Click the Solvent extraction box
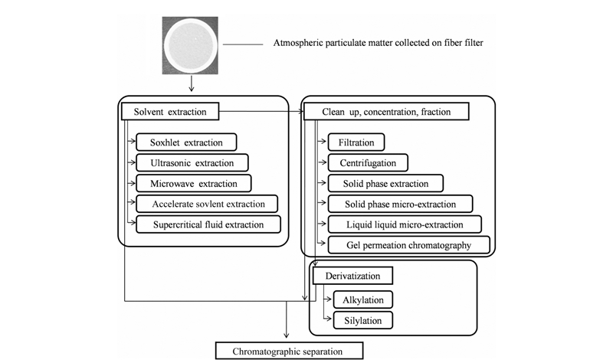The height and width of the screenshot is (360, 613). point(170,111)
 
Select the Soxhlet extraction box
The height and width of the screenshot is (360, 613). point(186,142)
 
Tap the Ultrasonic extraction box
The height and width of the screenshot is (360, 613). point(192,162)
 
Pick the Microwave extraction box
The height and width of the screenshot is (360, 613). point(194,183)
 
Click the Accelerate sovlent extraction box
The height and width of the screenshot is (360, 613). point(207,204)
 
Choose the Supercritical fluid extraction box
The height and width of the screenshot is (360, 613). point(208,224)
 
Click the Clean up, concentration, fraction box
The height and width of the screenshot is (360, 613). point(386,111)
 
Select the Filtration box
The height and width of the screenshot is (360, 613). point(356,142)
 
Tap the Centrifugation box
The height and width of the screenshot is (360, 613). point(368,162)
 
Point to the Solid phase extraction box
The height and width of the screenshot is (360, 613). point(385,183)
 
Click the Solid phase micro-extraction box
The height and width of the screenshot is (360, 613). point(400,204)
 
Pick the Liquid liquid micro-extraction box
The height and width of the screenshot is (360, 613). point(405,224)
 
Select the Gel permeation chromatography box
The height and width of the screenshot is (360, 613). point(408,245)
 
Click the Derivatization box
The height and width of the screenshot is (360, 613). point(352,276)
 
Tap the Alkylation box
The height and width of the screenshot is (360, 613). point(362,299)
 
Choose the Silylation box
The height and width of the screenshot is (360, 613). point(362,320)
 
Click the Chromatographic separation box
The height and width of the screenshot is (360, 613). point(290,351)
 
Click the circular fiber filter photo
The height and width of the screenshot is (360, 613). point(190,45)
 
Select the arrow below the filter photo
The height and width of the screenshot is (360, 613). point(191,83)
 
